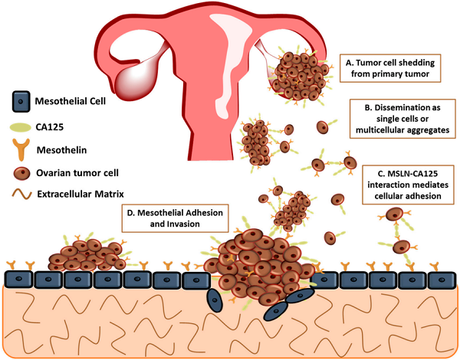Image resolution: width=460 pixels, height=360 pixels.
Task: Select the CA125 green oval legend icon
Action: (x=21, y=126)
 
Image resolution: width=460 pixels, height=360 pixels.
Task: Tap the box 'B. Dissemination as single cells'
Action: (x=399, y=116)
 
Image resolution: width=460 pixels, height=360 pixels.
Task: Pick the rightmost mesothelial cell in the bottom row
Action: (x=441, y=279)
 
